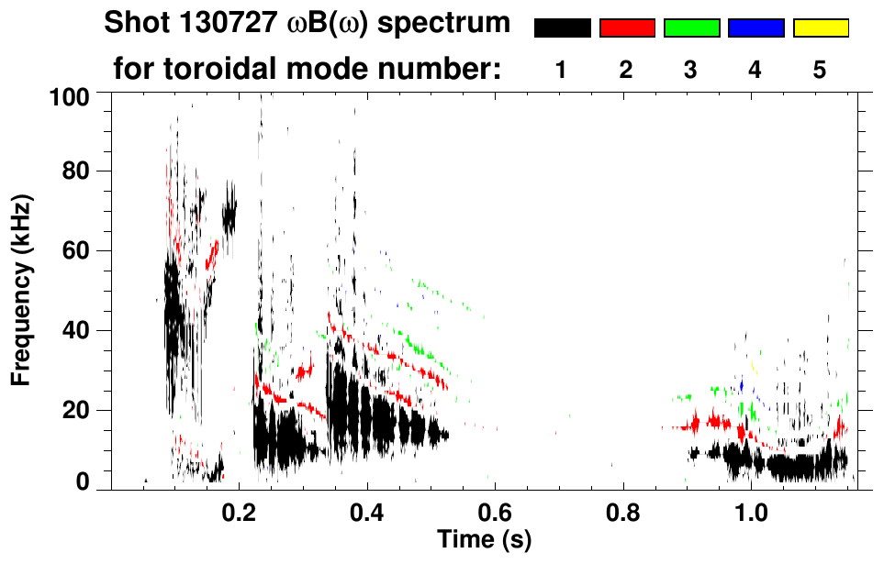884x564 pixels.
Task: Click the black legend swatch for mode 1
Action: click(x=563, y=28)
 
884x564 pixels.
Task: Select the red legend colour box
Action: click(x=627, y=28)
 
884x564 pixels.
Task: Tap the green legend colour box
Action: click(x=691, y=28)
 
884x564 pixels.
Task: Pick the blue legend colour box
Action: click(x=755, y=28)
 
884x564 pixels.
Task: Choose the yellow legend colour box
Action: click(x=820, y=28)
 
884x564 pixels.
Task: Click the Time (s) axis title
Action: click(x=484, y=538)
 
